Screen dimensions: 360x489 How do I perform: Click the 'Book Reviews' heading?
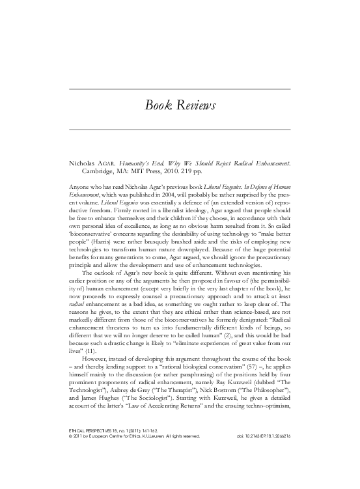[x=180, y=107]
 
